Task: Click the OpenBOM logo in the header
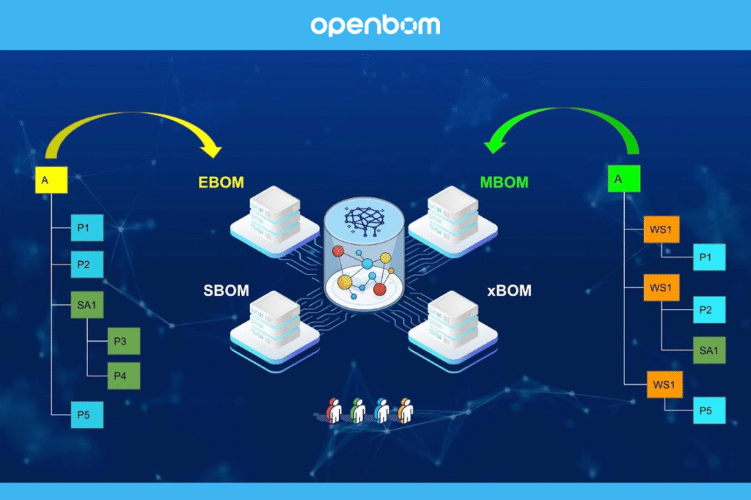click(375, 26)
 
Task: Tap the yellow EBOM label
click(221, 183)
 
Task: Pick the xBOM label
click(509, 290)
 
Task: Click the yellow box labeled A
click(51, 180)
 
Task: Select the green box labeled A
click(624, 178)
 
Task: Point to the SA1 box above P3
click(87, 306)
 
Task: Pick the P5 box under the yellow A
click(87, 415)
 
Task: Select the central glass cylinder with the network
click(364, 253)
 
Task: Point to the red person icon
click(334, 411)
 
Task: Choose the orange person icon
click(405, 411)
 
